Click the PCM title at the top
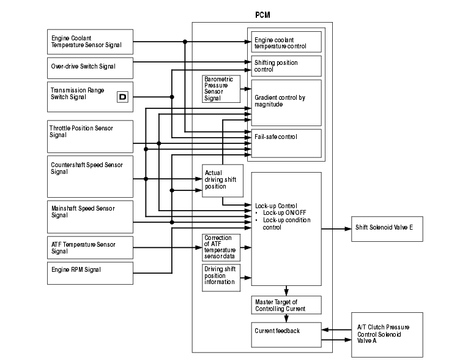(x=262, y=15)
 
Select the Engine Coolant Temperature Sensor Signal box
(x=90, y=41)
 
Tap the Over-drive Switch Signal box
(x=90, y=66)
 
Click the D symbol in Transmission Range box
(x=122, y=97)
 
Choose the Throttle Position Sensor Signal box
(x=90, y=136)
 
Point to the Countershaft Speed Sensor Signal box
(x=90, y=176)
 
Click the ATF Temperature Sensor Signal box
(x=90, y=247)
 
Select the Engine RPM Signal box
(x=90, y=272)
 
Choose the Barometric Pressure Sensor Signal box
(x=221, y=89)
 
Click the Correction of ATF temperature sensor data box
(x=221, y=247)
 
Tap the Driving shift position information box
(x=221, y=277)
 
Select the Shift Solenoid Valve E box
(x=386, y=228)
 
